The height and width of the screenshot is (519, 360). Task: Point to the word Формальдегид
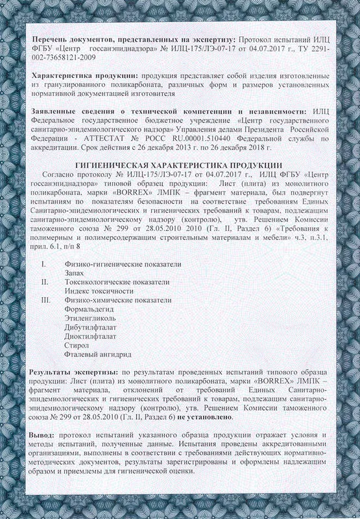tap(90, 309)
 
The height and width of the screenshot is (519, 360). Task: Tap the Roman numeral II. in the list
tap(45, 282)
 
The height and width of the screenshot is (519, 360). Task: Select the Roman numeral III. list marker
tap(45, 300)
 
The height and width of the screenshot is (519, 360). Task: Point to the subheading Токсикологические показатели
tap(117, 282)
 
